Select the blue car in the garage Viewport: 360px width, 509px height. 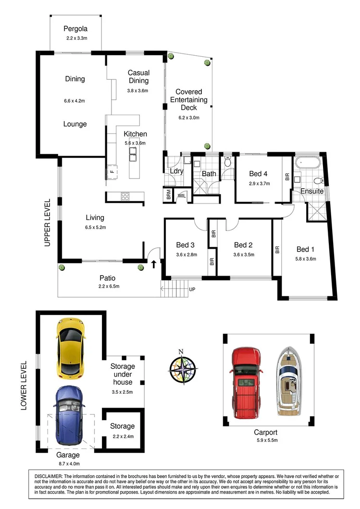69,415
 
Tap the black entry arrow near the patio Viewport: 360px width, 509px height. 154,264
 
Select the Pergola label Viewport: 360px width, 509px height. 77,28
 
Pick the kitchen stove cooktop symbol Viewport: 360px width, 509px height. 125,196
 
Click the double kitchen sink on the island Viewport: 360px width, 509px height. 133,154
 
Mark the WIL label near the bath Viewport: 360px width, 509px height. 182,195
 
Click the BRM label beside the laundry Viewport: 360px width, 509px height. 169,195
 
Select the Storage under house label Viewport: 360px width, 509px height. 123,374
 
